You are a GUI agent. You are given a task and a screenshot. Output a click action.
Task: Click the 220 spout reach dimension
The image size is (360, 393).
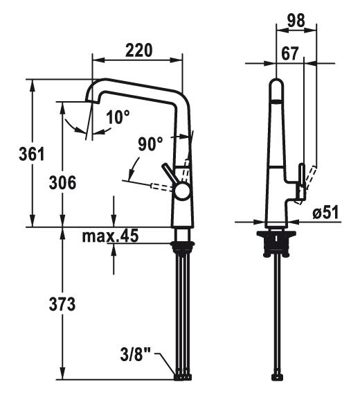[x=138, y=51]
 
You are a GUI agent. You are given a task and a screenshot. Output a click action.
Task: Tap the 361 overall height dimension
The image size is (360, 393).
[x=32, y=154]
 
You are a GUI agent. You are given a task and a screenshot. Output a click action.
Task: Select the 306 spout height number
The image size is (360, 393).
[x=62, y=182]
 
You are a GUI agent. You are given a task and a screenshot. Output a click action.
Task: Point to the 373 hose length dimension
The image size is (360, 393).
[x=62, y=304]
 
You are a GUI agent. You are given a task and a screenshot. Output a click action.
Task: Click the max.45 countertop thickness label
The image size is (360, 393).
[x=110, y=236]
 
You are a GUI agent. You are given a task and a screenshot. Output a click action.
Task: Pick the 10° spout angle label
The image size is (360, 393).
[x=118, y=117]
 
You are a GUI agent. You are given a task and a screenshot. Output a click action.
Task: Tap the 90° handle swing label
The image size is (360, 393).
[x=150, y=144]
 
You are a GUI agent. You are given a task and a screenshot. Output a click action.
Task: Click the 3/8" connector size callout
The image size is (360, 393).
[x=136, y=355]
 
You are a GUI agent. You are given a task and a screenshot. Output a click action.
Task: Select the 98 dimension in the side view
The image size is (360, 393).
[x=296, y=21]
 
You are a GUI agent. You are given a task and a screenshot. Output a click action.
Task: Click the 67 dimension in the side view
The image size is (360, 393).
[x=290, y=53]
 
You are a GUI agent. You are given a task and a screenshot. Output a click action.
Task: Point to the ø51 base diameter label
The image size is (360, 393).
[x=325, y=212]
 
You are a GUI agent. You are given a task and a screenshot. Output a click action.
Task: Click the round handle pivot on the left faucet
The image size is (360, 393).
[x=183, y=191]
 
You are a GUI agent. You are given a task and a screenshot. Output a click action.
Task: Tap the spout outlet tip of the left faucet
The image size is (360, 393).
[x=91, y=101]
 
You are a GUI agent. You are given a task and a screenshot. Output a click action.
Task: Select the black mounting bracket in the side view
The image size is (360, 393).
[x=276, y=243]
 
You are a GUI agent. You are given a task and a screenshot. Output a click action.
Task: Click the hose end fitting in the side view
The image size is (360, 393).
[x=277, y=377]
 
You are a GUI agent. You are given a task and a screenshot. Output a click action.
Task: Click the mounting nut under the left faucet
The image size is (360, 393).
[x=183, y=246]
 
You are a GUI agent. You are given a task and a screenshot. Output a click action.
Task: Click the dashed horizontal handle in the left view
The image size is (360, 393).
[x=161, y=187]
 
